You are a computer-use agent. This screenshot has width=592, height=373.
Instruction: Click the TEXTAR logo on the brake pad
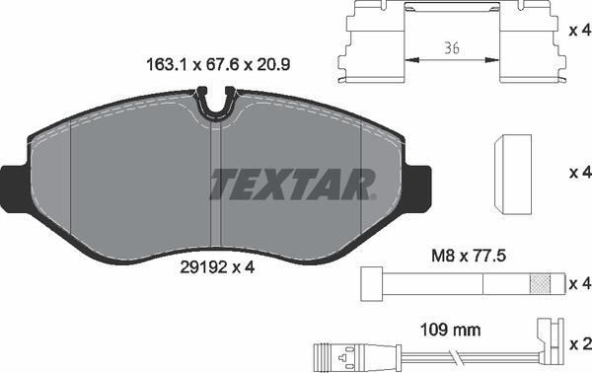point(293,184)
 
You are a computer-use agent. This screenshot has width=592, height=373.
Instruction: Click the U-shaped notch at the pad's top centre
point(215,104)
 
